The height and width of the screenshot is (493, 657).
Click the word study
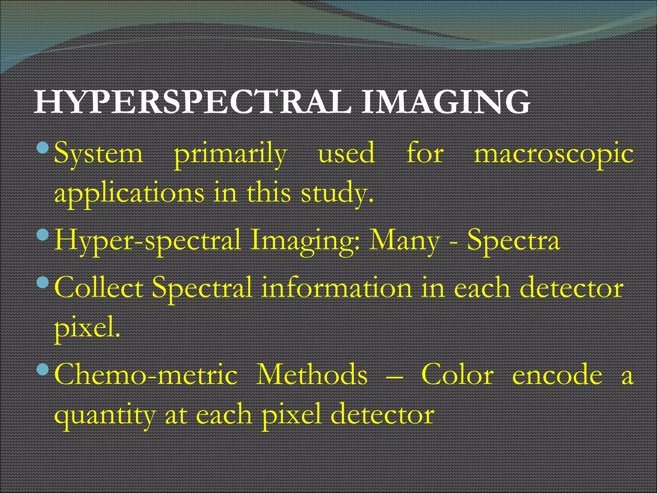(337, 194)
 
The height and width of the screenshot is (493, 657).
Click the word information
(337, 288)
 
